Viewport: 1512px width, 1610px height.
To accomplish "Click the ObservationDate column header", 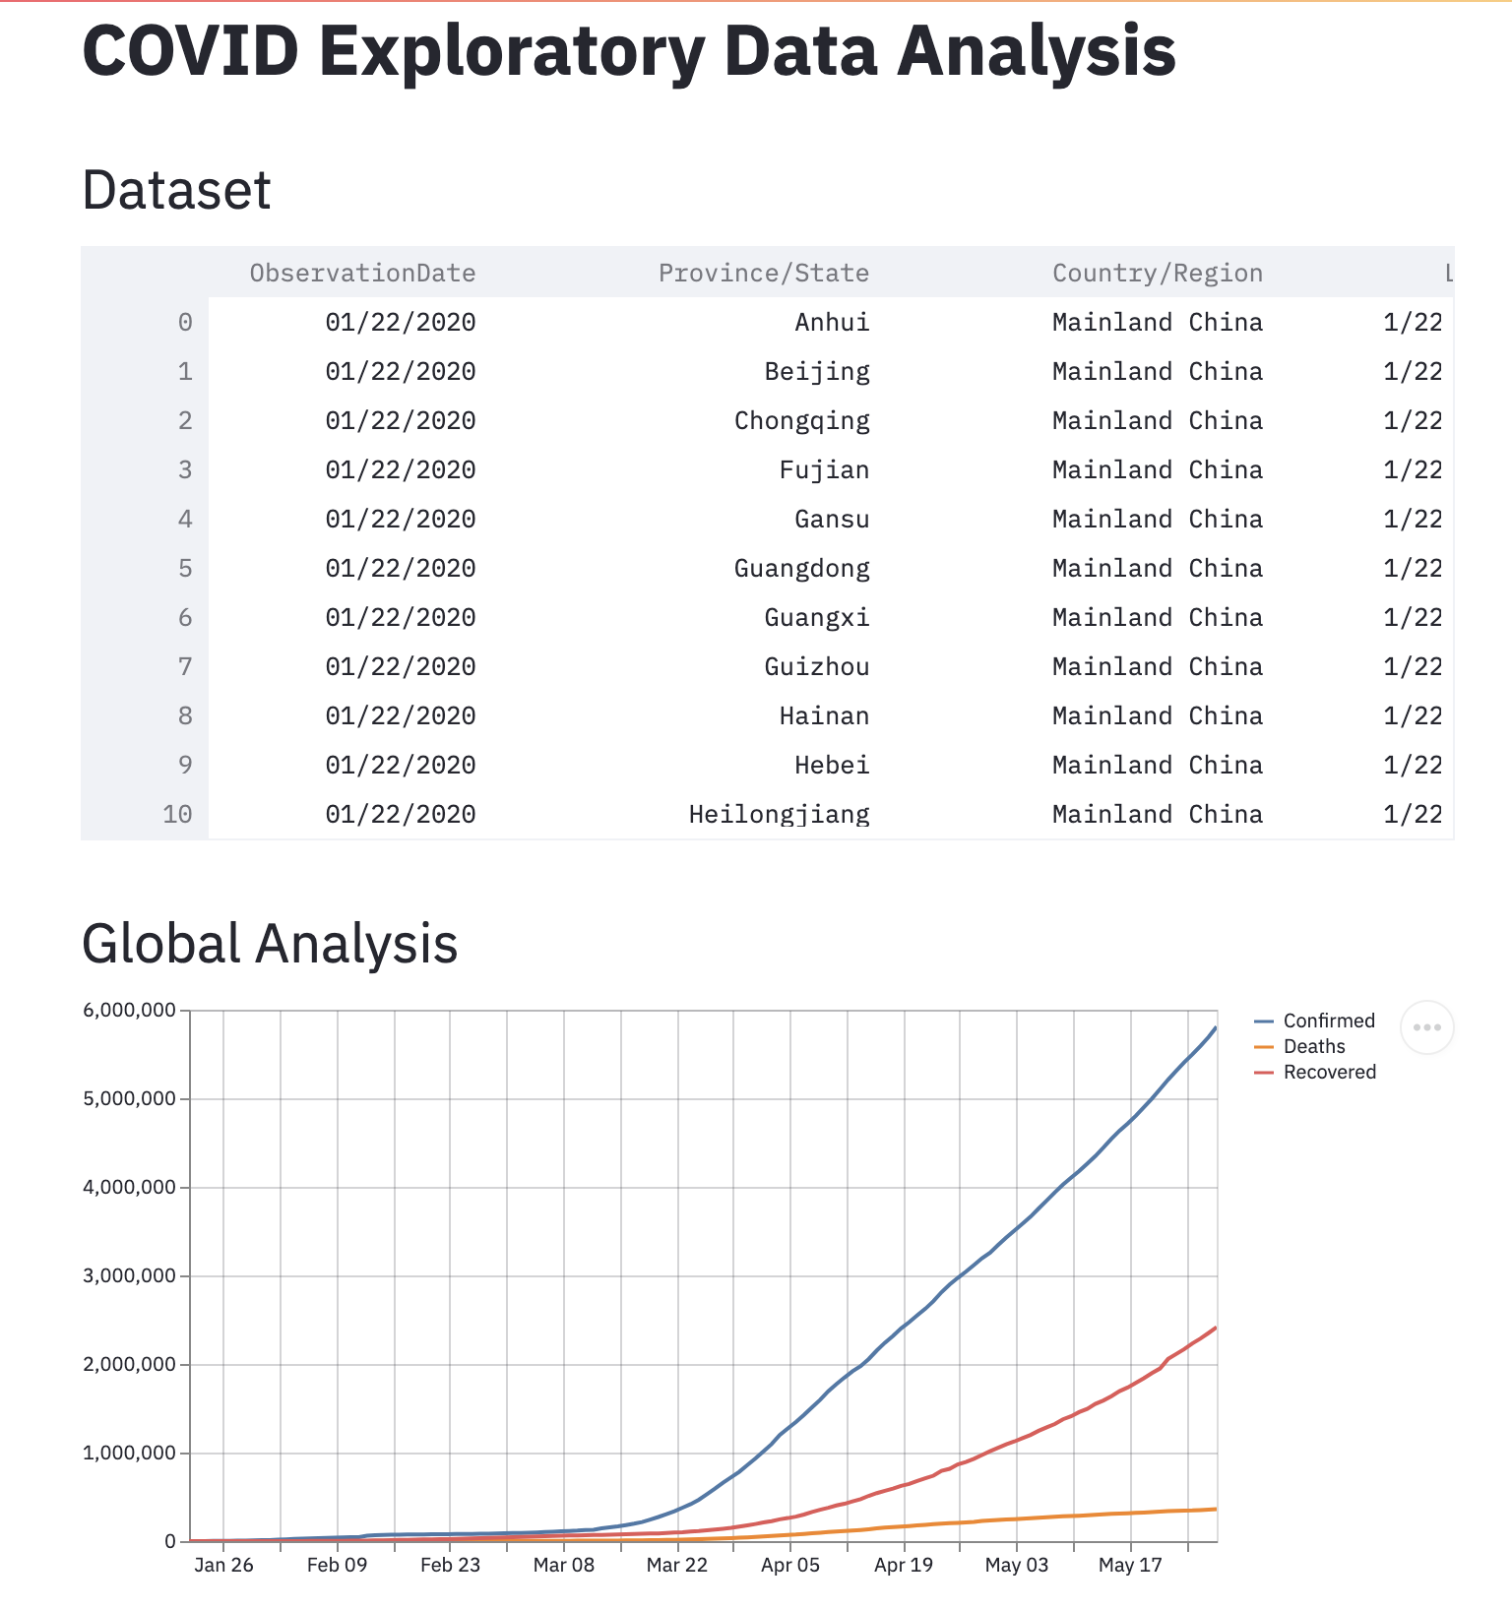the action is tap(362, 273).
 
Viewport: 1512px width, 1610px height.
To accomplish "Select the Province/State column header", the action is tap(764, 273).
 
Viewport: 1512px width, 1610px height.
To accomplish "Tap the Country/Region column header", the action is tap(1158, 273).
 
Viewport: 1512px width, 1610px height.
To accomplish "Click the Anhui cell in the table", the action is tap(832, 322).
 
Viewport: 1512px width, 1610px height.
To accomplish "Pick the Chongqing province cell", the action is tap(802, 421).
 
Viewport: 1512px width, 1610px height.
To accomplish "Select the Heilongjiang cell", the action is tap(779, 815).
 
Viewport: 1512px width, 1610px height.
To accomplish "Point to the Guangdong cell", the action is tap(802, 569).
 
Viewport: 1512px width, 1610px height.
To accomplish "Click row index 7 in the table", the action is tap(185, 666).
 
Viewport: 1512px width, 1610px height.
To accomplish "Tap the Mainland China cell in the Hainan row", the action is tap(1158, 715).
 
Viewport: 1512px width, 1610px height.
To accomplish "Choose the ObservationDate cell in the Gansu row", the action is tap(401, 519).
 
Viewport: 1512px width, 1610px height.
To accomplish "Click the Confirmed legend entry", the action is tap(1315, 1021).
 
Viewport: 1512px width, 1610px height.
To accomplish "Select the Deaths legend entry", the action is tap(1299, 1046).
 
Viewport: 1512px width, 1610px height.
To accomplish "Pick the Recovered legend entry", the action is tap(1315, 1072).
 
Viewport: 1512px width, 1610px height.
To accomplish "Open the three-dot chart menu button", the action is tap(1426, 1027).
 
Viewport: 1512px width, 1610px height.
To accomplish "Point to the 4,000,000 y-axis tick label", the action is tap(130, 1187).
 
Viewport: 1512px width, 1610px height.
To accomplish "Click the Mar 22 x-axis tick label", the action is tap(677, 1565).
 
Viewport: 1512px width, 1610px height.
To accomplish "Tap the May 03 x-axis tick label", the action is tap(1017, 1565).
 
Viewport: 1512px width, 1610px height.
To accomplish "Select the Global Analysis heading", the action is tap(270, 943).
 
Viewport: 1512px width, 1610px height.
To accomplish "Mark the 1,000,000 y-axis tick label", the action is tap(130, 1453).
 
